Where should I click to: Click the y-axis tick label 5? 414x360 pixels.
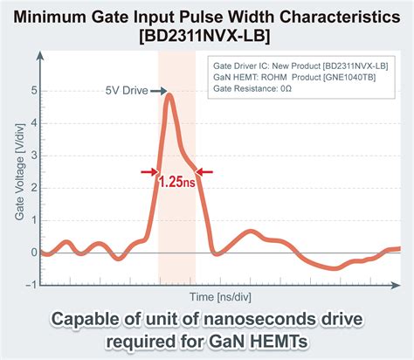[x=33, y=91]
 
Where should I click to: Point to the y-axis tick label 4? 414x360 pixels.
[x=33, y=123]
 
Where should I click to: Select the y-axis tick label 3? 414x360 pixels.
[x=33, y=156]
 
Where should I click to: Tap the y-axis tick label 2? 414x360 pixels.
[x=33, y=188]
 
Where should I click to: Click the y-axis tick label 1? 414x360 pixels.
[x=33, y=220]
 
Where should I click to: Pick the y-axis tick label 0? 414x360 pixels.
[x=33, y=253]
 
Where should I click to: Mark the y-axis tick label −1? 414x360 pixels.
[x=31, y=284]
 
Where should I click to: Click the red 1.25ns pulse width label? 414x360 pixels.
[x=176, y=183]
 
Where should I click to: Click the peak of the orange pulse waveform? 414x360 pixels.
[x=169, y=94]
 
